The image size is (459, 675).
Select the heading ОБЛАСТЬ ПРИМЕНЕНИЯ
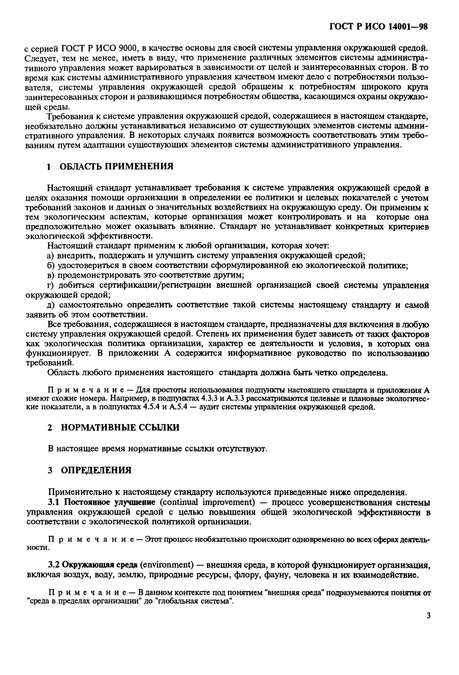tap(116, 166)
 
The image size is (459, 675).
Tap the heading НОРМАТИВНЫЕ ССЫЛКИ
tap(120, 428)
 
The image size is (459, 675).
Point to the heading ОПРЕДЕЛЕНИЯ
tap(96, 470)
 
